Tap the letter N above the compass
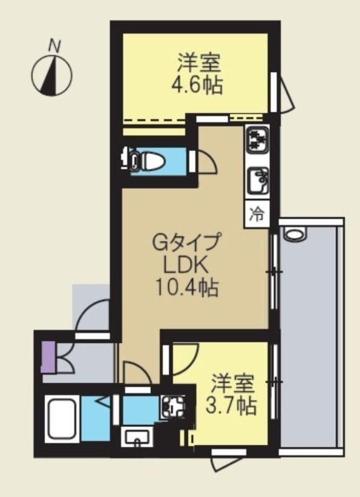[55, 45]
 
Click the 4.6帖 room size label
[197, 84]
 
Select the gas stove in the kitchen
[256, 141]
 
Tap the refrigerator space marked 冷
[256, 214]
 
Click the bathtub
[61, 419]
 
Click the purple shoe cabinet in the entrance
[47, 357]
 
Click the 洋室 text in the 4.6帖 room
[197, 62]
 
